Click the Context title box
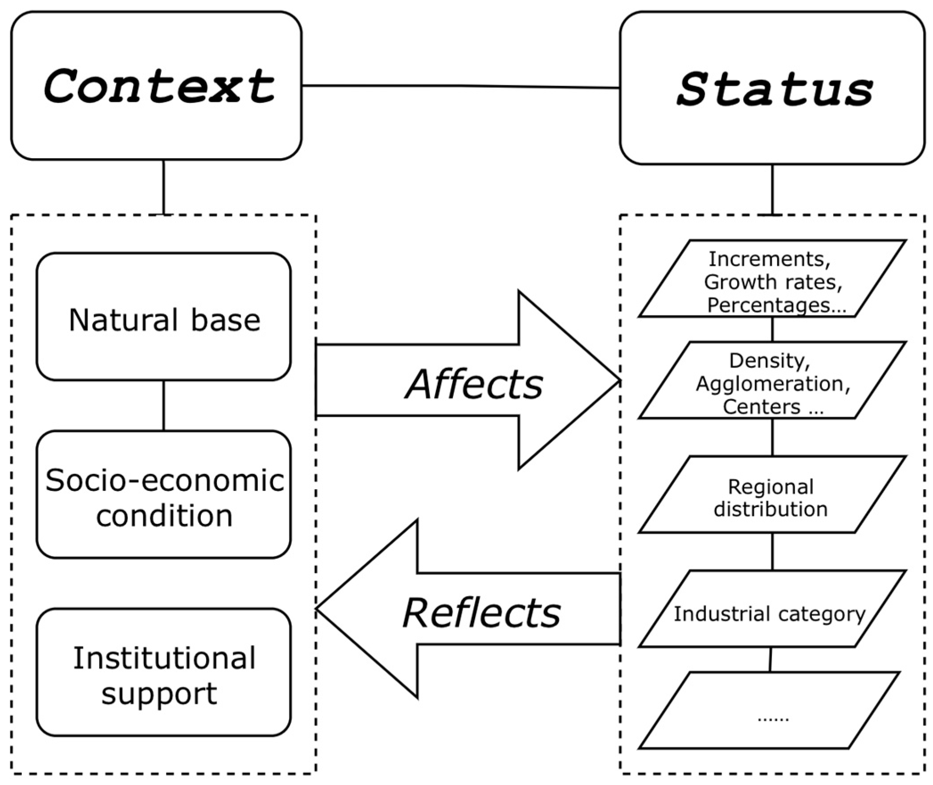tap(156, 86)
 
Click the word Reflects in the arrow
tap(481, 613)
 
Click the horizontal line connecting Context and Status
tap(461, 86)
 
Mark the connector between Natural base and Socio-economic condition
tap(164, 405)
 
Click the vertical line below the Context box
tap(164, 187)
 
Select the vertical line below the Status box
tap(772, 189)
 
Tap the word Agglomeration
tap(773, 383)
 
